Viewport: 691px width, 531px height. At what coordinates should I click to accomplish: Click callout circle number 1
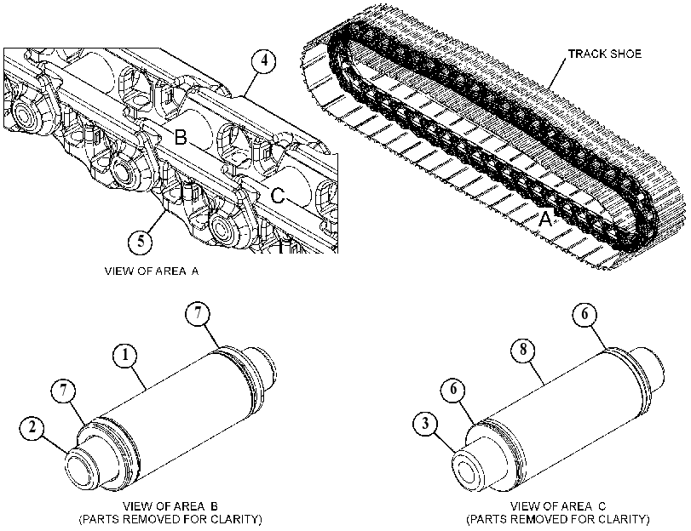(125, 356)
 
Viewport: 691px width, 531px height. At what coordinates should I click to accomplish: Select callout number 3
(426, 424)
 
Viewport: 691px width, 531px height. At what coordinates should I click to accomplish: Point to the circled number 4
(263, 60)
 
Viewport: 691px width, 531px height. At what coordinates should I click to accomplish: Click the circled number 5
(141, 242)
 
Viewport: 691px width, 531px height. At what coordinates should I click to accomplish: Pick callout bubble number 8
(523, 350)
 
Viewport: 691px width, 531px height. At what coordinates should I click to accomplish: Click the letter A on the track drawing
(545, 219)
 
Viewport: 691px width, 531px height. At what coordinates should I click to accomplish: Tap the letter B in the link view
(181, 137)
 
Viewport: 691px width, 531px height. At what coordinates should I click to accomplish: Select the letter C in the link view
(277, 196)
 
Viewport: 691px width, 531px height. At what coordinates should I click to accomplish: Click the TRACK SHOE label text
(605, 54)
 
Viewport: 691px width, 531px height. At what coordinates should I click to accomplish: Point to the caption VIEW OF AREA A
(152, 271)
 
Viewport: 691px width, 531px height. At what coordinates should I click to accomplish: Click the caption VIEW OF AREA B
(170, 506)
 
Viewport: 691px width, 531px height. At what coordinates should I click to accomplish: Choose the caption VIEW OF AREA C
(558, 506)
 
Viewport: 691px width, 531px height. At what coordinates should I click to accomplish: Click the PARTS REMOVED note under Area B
(170, 520)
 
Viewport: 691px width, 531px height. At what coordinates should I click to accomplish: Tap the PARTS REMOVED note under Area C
(558, 520)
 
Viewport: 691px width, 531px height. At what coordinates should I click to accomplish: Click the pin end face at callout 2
(81, 471)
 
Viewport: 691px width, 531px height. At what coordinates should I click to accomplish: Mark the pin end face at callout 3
(469, 472)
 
